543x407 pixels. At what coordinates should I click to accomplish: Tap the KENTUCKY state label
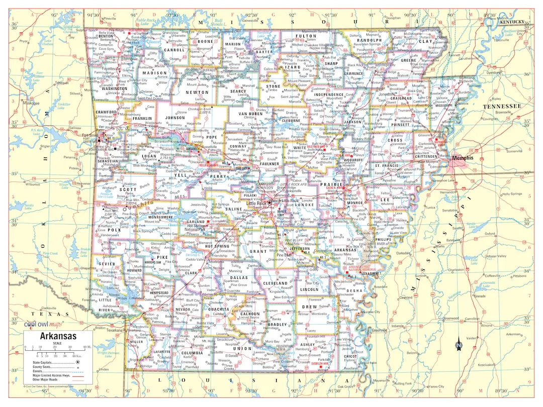[x=512, y=23]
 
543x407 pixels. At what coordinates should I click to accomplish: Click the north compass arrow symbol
[x=459, y=345]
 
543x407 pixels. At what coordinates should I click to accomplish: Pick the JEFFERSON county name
[x=300, y=248]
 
